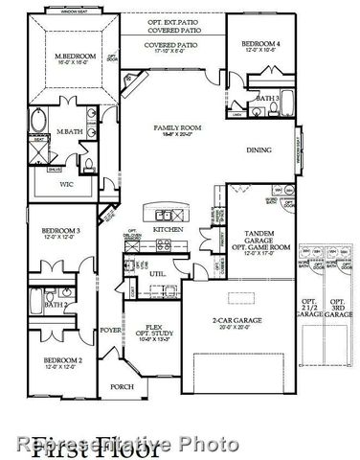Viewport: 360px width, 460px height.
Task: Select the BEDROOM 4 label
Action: coord(260,44)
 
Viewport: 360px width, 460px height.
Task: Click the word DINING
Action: coord(259,149)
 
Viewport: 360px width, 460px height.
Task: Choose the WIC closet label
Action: coord(66,183)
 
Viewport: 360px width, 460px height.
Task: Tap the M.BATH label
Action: coord(68,131)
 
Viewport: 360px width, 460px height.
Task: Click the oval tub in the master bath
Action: coord(38,124)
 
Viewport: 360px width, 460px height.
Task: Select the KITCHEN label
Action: coord(169,230)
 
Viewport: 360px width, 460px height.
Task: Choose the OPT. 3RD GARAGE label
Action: coord(337,307)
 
